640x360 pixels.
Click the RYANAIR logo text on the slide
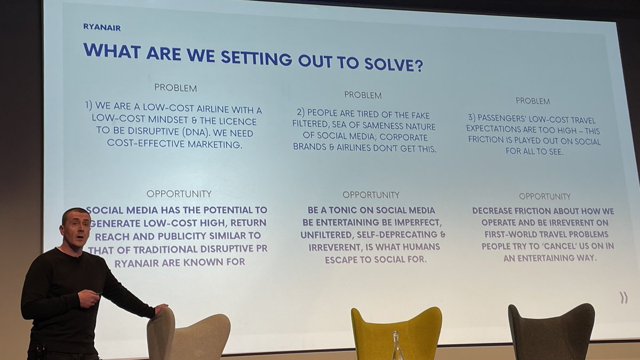[x=101, y=27]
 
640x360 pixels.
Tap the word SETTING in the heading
[x=251, y=57]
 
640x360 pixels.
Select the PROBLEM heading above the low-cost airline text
[x=175, y=87]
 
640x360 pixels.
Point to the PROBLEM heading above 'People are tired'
[x=363, y=95]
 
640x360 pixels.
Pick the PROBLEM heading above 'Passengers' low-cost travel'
[x=533, y=101]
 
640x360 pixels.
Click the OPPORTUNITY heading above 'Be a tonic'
[x=371, y=195]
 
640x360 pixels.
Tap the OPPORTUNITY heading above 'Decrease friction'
[x=545, y=196]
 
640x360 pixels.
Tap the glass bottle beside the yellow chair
[x=397, y=347]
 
